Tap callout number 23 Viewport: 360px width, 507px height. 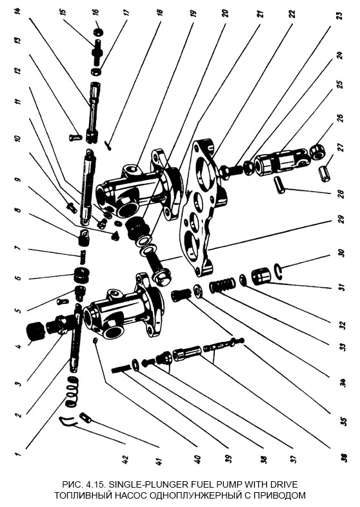(339, 16)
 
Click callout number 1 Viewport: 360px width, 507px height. (19, 453)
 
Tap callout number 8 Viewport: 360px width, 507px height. (19, 210)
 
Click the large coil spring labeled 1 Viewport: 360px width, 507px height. (72, 392)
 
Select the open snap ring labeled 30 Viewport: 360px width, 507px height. (279, 271)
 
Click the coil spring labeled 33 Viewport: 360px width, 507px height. (222, 285)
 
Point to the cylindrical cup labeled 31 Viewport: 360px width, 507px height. (261, 276)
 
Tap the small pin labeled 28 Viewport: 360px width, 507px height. (280, 184)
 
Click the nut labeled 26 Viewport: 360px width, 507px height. (317, 152)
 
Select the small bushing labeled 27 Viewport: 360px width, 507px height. (325, 174)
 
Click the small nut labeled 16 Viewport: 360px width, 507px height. (98, 32)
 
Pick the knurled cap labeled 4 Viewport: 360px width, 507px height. (35, 331)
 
